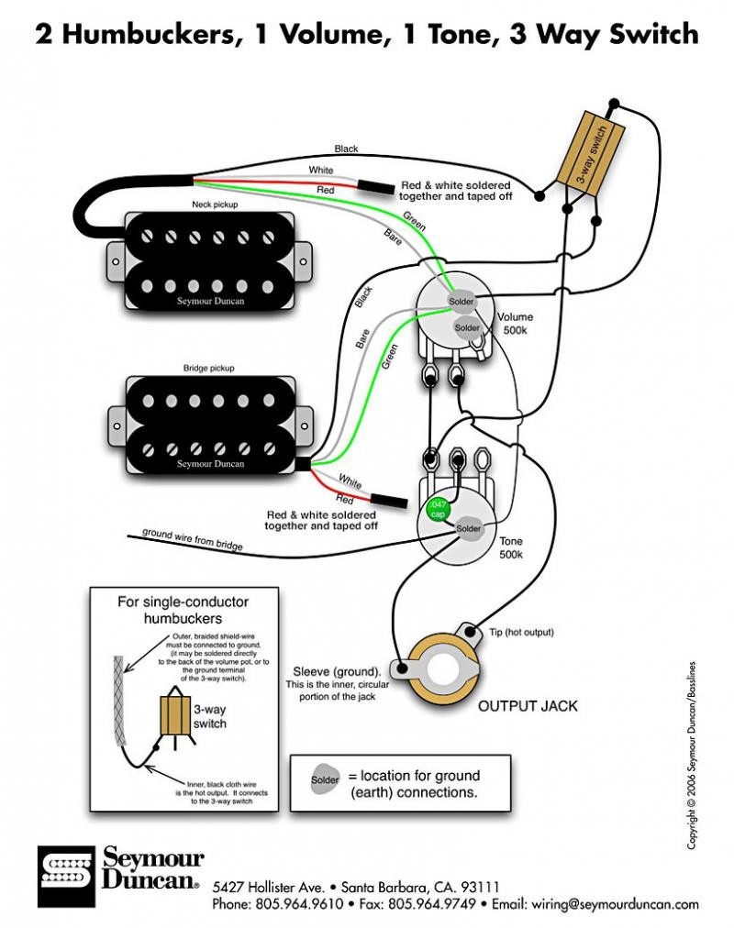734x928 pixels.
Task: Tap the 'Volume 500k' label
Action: (516, 324)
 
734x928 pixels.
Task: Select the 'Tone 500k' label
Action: (511, 548)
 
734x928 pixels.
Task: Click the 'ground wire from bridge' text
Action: (192, 539)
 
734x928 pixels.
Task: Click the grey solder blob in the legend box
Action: (324, 779)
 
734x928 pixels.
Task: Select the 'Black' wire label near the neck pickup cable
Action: (347, 149)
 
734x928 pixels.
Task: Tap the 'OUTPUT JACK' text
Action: (528, 707)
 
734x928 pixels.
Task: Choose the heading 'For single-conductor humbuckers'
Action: (183, 612)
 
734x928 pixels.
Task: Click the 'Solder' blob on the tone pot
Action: (467, 529)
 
